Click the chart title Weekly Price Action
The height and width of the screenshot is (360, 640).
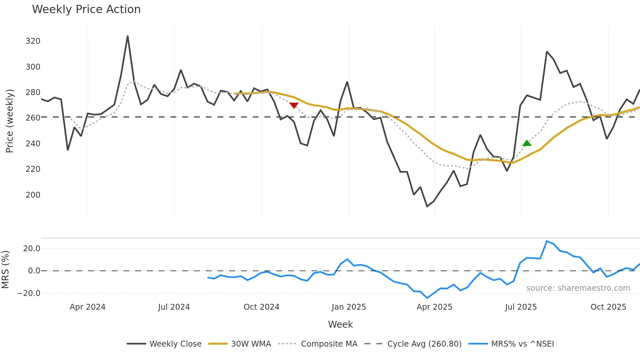point(86,9)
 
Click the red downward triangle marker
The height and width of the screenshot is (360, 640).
point(294,106)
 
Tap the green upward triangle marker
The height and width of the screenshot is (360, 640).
point(527,143)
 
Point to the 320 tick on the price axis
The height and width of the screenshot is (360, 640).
point(33,41)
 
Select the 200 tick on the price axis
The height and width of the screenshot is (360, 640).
point(33,195)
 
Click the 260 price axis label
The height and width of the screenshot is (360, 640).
point(33,118)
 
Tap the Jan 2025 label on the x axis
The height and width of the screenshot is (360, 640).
point(349,307)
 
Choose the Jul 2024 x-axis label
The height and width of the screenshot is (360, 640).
point(174,307)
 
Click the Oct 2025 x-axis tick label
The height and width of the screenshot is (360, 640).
point(608,307)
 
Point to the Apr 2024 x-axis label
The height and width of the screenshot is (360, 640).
point(88,307)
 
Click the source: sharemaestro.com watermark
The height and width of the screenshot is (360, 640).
point(578,288)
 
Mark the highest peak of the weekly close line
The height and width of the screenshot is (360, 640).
point(128,36)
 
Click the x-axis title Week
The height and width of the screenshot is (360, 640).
point(340,324)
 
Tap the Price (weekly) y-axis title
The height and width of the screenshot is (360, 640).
point(10,121)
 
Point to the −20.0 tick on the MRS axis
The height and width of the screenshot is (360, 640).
point(29,293)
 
